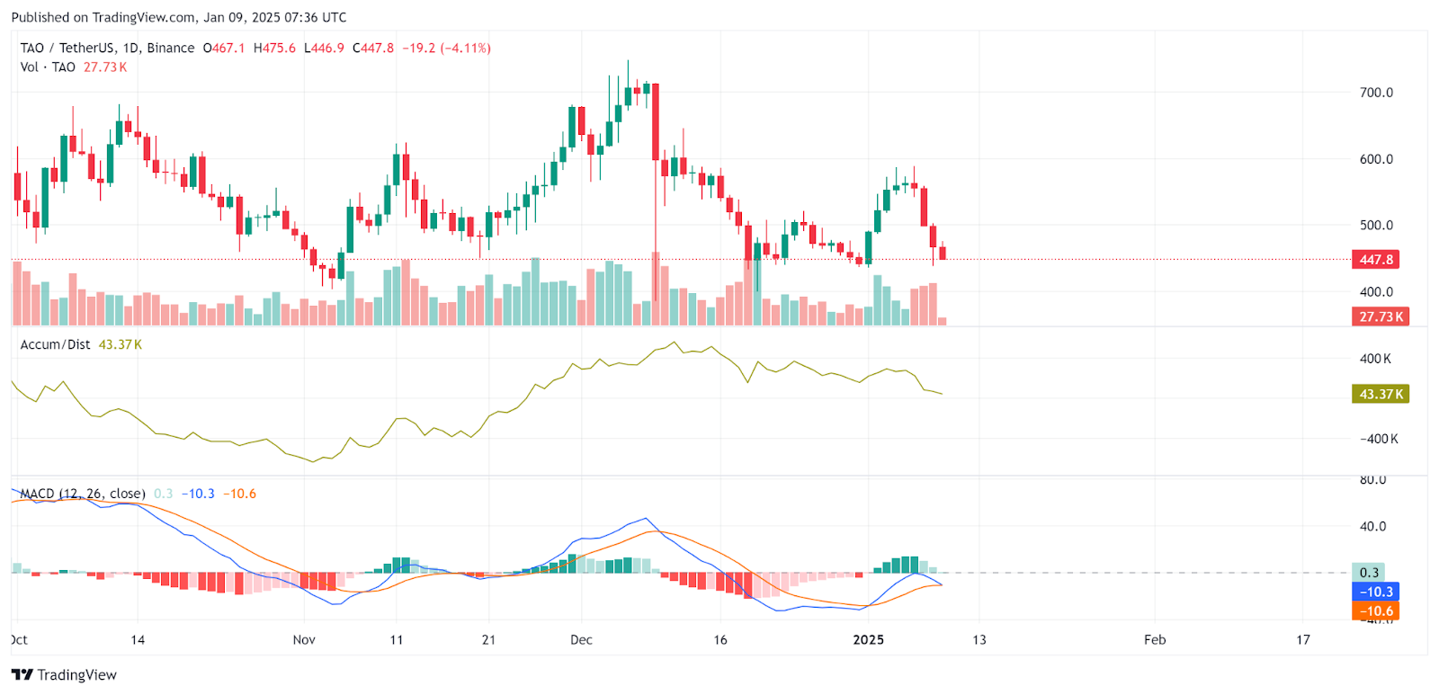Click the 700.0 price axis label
[x=1376, y=93]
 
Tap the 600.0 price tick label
[x=1376, y=159]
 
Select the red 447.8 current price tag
[x=1376, y=260]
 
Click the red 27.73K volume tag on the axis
[x=1380, y=316]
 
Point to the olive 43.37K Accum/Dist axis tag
[x=1380, y=394]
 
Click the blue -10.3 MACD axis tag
[x=1376, y=592]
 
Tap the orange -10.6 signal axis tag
[x=1376, y=611]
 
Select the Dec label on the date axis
[x=581, y=640]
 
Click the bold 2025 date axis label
[x=868, y=640]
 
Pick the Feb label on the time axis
[x=1155, y=640]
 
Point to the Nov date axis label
[x=304, y=640]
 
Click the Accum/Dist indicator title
[x=56, y=345]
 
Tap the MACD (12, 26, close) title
[x=83, y=494]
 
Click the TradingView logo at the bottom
[x=65, y=675]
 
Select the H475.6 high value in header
[x=274, y=49]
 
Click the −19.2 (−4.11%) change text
[x=446, y=49]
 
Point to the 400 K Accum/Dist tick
[x=1375, y=359]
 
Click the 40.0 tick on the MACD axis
[x=1372, y=527]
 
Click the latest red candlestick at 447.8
[x=943, y=253]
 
